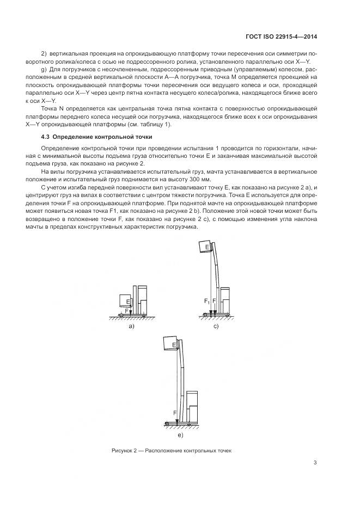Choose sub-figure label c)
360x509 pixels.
[216, 326]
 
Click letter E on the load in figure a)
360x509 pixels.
[127, 301]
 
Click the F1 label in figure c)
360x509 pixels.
[206, 301]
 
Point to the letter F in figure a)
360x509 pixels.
[127, 310]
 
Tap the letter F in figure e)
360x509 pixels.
[174, 413]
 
